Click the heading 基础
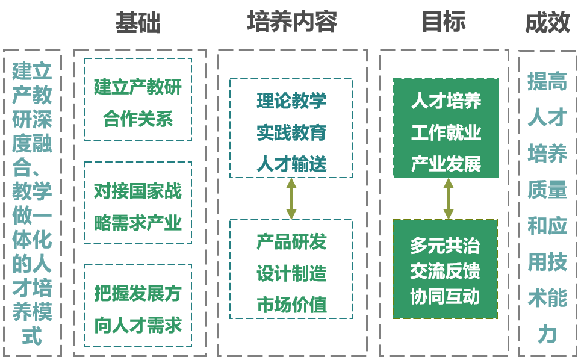coord(138,23)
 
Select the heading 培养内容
coord(292,22)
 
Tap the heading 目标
coord(444,22)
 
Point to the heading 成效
coord(547,23)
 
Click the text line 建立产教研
coord(138,87)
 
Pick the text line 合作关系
coord(138,119)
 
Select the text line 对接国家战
coord(138,191)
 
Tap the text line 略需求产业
coord(138,223)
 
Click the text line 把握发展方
coord(138,294)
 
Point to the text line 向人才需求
coord(138,325)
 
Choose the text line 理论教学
coord(291,101)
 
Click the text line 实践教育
coord(291,132)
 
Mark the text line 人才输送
coord(291,164)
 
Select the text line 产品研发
coord(291,242)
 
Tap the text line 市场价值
coord(291,305)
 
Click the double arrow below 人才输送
coord(291,199)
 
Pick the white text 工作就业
coord(446,132)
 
